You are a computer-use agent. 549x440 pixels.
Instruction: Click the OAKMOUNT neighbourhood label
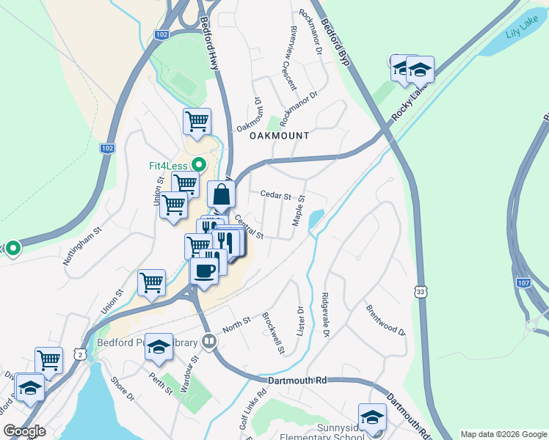point(279,136)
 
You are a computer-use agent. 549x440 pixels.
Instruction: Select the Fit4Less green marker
point(197,165)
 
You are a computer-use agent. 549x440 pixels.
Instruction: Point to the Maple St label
point(299,210)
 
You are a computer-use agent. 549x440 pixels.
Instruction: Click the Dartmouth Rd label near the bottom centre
point(297,381)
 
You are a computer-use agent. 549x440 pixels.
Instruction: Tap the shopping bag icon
point(221,195)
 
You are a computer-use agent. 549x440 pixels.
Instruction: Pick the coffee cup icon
point(204,268)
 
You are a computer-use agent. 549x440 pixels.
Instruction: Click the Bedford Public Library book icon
point(209,342)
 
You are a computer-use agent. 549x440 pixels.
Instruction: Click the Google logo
point(24,430)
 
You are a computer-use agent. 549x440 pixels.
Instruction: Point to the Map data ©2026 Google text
point(503,433)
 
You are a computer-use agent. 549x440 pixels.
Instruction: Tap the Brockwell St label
point(273,334)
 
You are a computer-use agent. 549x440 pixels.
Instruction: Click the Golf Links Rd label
point(252,407)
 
